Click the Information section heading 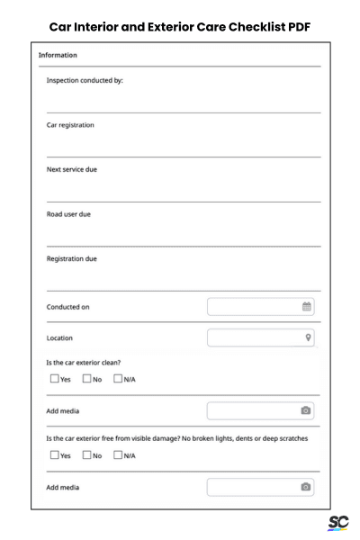(x=58, y=56)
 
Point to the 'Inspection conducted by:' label (x=85, y=80)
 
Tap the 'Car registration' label (x=70, y=125)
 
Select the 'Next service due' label (x=72, y=169)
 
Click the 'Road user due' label (x=68, y=214)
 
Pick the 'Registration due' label (x=72, y=259)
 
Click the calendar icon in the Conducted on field (x=306, y=307)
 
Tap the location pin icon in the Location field (x=307, y=337)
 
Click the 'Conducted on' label (x=67, y=307)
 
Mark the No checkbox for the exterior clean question (x=86, y=379)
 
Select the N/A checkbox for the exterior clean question (x=118, y=379)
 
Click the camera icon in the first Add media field (x=306, y=410)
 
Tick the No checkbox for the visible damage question (x=86, y=455)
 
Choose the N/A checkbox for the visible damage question (x=118, y=455)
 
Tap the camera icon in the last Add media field (x=306, y=487)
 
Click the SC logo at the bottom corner (x=337, y=523)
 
